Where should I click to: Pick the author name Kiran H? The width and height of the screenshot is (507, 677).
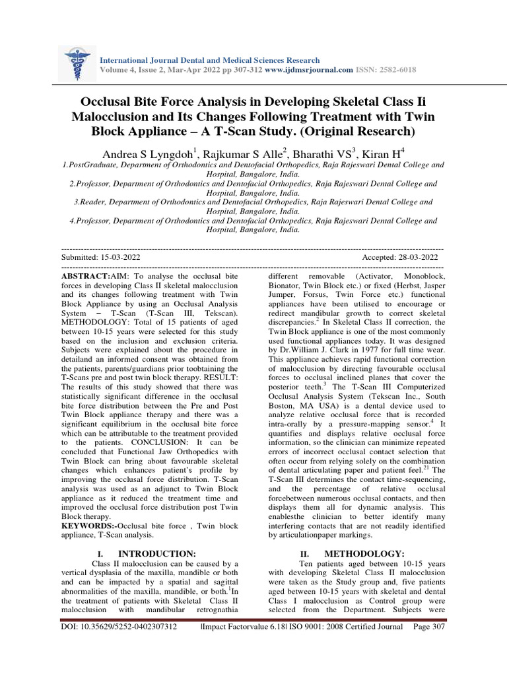(383, 155)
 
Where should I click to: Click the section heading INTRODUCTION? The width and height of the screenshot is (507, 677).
(156, 553)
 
